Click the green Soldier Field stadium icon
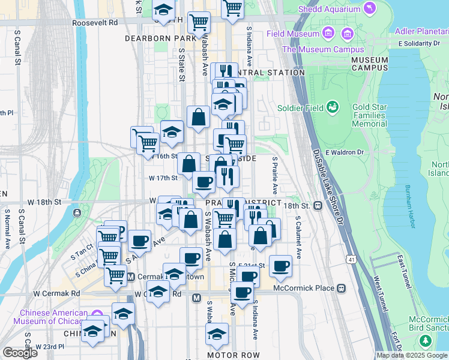[x=332, y=108]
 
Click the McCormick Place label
[x=303, y=288]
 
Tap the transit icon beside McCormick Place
[x=342, y=288]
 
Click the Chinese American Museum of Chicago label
[x=54, y=317]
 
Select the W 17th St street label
[x=163, y=178]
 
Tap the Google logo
[x=20, y=353]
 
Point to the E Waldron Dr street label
[x=345, y=152]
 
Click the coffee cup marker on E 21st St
[x=280, y=265]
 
